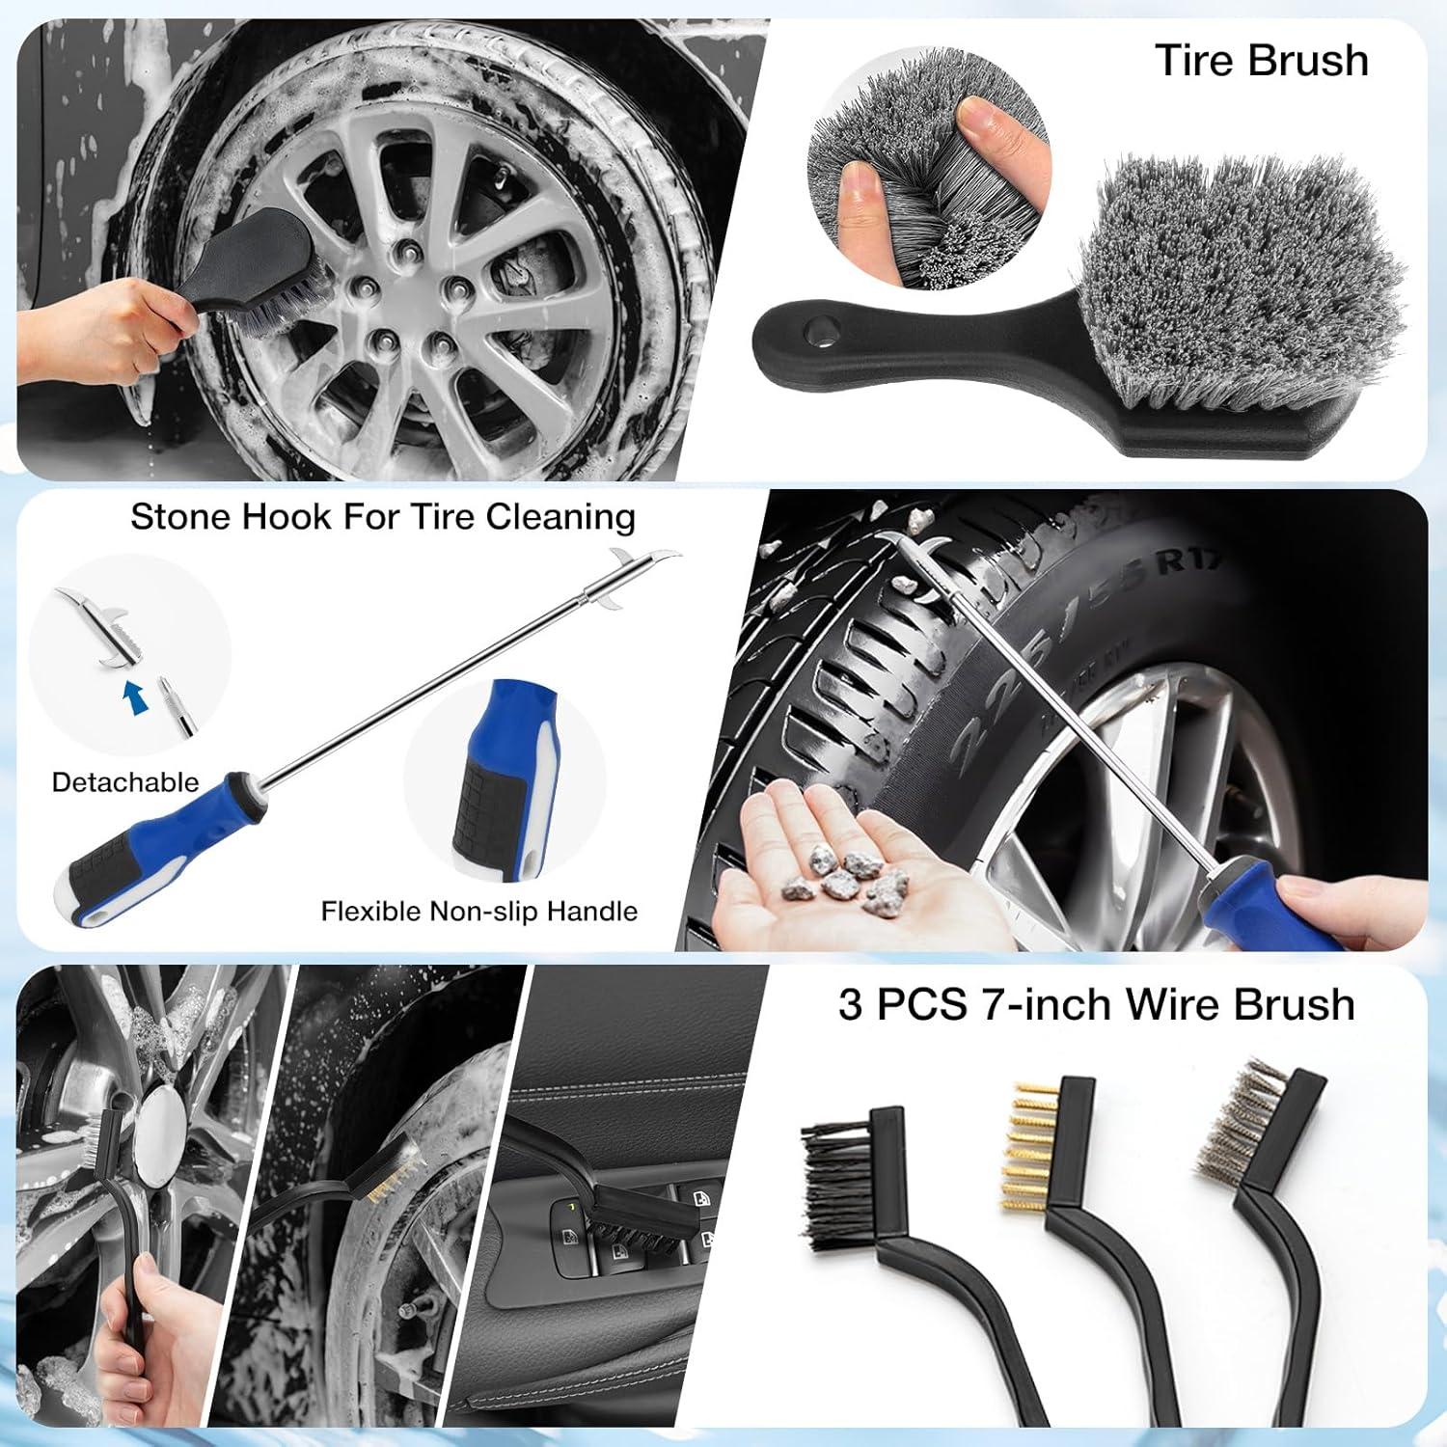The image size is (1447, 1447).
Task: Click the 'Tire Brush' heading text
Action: pos(1261,61)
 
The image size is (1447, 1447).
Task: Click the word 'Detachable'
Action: pos(125,781)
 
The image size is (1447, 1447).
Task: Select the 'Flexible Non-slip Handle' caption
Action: pos(479,911)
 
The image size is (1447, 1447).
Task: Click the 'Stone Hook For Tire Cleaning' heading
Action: pos(383,517)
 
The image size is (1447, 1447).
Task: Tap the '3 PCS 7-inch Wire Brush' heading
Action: pos(1096,1004)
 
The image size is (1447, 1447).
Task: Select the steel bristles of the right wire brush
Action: pos(1232,1124)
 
